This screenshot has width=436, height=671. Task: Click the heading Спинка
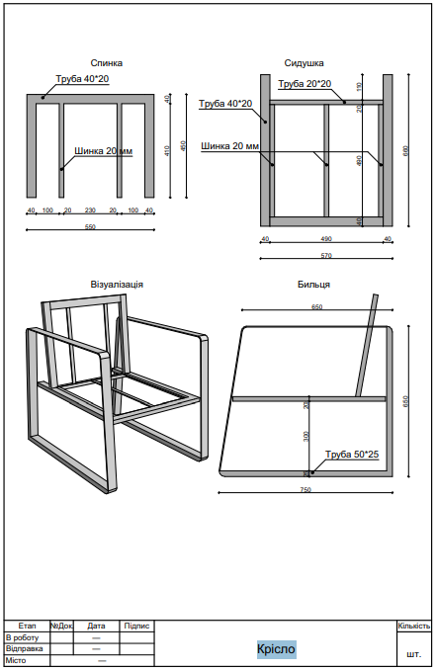106,62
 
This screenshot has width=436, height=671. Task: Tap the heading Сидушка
304,62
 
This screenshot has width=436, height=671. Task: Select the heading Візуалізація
117,284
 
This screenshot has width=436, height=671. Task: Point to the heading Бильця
312,284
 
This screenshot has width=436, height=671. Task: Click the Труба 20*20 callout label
305,84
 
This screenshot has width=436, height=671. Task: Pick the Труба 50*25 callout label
352,454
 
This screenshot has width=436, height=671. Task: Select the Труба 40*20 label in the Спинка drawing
82,79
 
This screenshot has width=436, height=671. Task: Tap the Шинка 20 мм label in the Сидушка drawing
230,146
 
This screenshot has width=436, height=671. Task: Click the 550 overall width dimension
90,227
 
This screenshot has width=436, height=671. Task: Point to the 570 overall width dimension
325,256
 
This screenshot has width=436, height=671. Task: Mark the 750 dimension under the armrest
305,490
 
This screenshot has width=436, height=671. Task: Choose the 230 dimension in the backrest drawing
90,210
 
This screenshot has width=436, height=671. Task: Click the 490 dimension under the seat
325,239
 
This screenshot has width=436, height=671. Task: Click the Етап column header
27,626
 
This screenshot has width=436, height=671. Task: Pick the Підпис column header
136,626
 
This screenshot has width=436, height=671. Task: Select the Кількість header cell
413,626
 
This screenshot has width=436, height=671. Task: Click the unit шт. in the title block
413,654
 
